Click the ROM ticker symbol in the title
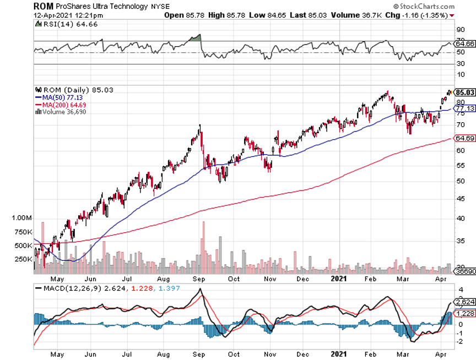point(43,6)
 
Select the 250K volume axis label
point(24,259)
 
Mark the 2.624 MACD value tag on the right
point(464,302)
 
